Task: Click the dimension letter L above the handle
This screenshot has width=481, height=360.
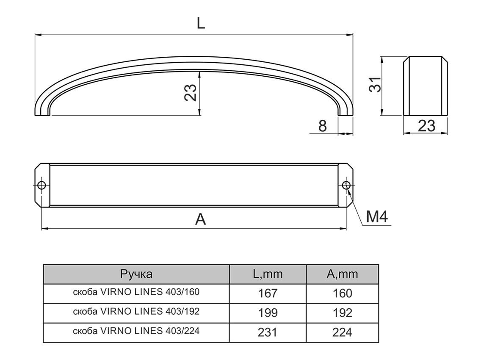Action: click(x=201, y=23)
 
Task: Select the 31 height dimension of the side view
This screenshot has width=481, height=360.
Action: click(x=375, y=86)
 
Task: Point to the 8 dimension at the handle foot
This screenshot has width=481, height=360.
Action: click(x=323, y=126)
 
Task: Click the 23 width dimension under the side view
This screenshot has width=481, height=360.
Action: click(x=426, y=126)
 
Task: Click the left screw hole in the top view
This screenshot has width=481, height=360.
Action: click(x=41, y=186)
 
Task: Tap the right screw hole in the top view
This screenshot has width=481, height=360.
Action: click(x=346, y=186)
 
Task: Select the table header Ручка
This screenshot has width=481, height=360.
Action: click(x=136, y=274)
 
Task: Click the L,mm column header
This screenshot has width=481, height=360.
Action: click(x=268, y=274)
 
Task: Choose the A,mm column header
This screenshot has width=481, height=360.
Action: click(x=342, y=274)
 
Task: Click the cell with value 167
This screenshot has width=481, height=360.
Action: click(x=268, y=293)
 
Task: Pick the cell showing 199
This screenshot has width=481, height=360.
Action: click(x=268, y=313)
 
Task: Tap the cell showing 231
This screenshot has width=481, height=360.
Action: click(x=268, y=332)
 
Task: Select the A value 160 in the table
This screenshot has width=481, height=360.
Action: click(x=342, y=293)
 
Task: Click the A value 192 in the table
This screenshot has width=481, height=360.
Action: click(x=342, y=313)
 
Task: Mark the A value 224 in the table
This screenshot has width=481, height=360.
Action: click(x=342, y=332)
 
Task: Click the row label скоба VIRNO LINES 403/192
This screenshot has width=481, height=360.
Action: click(x=136, y=312)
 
